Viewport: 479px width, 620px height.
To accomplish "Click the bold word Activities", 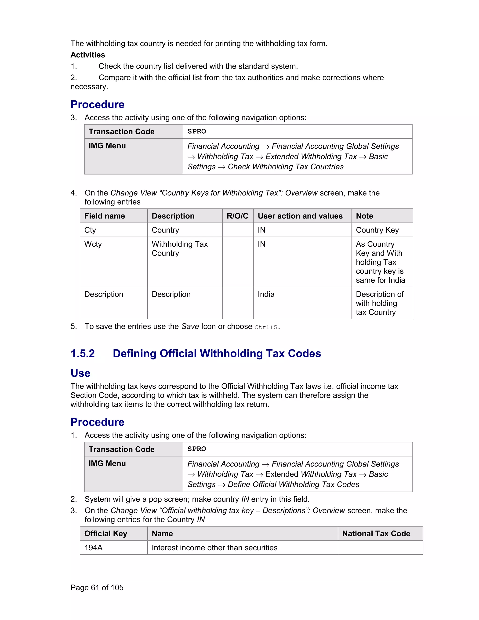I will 88,55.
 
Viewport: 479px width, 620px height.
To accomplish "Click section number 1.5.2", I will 83,354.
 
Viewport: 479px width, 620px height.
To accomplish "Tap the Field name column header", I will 104,216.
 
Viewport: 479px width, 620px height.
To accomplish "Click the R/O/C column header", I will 237,216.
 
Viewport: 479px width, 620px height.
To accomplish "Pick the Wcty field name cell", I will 93,244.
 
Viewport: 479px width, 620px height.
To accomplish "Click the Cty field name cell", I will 90,230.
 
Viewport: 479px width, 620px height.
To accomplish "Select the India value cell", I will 266,294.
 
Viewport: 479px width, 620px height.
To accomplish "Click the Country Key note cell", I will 377,230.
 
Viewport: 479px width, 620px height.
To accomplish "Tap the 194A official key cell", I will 93,548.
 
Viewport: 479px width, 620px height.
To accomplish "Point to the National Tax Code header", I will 376,533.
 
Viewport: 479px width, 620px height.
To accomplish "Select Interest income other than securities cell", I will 214,548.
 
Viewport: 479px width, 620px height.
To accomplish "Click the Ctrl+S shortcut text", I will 266,327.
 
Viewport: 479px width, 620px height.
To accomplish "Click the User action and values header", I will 300,216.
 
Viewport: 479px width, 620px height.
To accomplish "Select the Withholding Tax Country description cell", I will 180,248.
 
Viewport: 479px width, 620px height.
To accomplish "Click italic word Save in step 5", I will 190,326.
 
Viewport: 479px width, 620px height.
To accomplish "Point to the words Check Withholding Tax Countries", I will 286,167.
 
